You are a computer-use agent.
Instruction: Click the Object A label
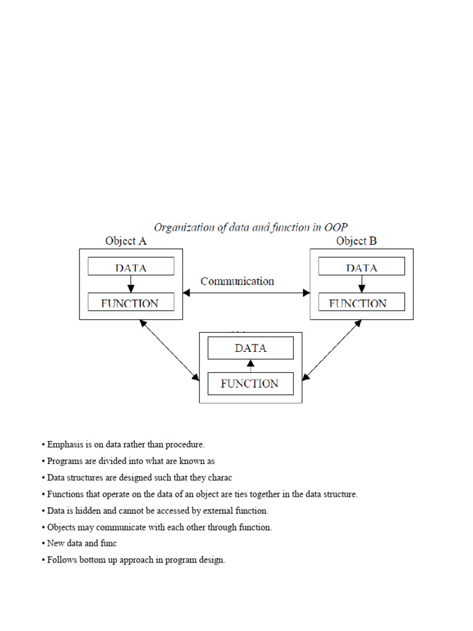click(x=126, y=241)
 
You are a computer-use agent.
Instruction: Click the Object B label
click(x=357, y=241)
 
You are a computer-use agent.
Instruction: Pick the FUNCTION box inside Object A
click(x=131, y=303)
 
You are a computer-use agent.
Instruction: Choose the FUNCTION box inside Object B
click(x=362, y=303)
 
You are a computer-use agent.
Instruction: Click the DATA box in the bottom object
click(x=251, y=348)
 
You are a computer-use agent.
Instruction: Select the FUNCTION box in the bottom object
click(x=251, y=383)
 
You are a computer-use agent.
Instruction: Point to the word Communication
click(x=237, y=281)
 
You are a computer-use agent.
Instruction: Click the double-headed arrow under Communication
click(x=246, y=293)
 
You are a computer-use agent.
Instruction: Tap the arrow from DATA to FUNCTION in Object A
click(x=131, y=284)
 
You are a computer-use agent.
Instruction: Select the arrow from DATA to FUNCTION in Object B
click(x=362, y=284)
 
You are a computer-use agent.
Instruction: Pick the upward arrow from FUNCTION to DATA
click(x=251, y=365)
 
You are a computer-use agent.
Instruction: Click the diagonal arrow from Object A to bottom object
click(x=170, y=349)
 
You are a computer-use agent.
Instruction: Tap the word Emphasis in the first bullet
click(x=65, y=444)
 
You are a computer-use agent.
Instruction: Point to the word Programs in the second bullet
click(x=64, y=461)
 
